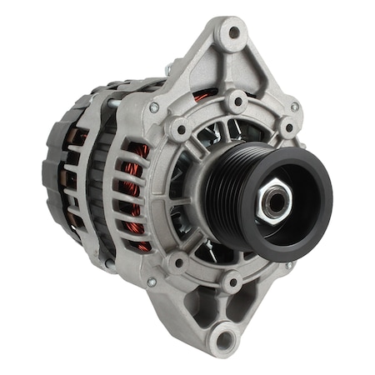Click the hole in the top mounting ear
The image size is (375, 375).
233,33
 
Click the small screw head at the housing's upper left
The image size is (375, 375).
154,107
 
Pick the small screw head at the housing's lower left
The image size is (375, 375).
151,282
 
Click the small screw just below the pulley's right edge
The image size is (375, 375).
287,265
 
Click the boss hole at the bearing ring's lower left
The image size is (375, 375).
177,264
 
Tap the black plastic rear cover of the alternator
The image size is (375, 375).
58,167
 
